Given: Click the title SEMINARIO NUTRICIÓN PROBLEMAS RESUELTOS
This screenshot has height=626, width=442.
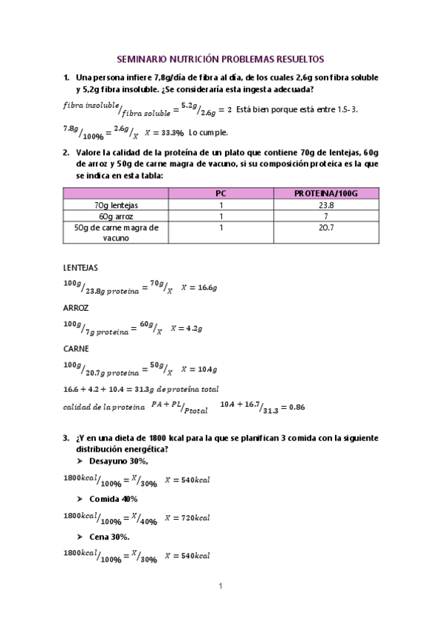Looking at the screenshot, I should pos(221,58).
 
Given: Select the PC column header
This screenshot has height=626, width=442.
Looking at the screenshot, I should pos(220,193).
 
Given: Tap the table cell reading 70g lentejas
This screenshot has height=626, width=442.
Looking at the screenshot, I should pos(117,204).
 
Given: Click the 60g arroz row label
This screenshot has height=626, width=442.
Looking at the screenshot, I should pos(117,216).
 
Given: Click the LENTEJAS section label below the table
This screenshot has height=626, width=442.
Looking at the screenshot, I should pos(80,267).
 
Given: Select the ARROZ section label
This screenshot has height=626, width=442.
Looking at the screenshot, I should pos(76,308).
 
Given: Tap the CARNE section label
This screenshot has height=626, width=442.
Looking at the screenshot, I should pos(76,348).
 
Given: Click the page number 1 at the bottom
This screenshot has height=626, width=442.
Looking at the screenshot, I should pos(220,587).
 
